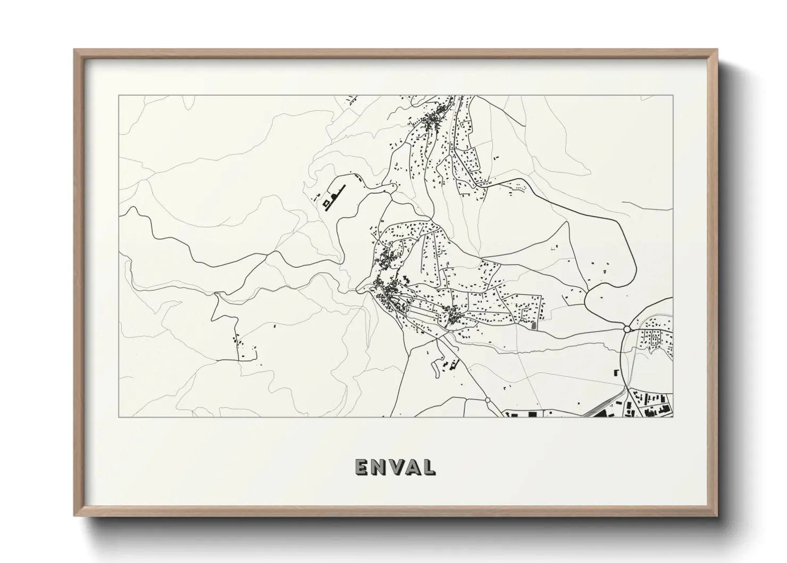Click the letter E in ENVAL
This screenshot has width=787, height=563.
[x=361, y=467]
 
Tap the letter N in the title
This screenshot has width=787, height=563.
[x=378, y=467]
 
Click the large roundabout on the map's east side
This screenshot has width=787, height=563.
[x=627, y=329]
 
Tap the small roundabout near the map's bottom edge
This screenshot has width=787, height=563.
[x=487, y=399]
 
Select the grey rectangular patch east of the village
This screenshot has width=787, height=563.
[x=534, y=324]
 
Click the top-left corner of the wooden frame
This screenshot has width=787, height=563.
[x=74, y=50]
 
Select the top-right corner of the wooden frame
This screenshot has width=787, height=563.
[x=717, y=50]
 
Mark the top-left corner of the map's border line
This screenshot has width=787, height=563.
[x=119, y=95]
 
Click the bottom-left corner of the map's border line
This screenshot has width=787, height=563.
[x=119, y=417]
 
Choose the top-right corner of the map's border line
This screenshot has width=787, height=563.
[x=673, y=95]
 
